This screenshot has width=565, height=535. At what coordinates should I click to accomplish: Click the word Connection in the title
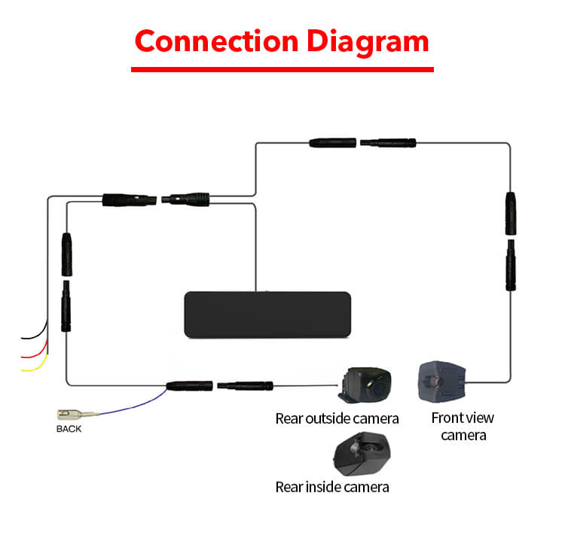point(216,41)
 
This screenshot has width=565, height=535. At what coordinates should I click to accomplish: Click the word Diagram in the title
point(368,43)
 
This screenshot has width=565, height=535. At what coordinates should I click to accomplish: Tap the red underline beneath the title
point(282,69)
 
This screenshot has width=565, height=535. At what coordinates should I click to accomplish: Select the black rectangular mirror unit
point(267,315)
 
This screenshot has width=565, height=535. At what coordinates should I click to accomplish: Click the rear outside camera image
point(365,385)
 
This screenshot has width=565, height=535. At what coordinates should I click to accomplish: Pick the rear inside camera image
point(362,454)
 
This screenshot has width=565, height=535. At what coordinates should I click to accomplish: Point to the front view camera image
point(441,381)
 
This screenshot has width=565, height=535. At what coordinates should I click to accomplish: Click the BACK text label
point(69,429)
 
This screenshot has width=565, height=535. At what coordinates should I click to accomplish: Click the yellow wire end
point(23,370)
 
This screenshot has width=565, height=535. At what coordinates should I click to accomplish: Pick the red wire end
point(23,357)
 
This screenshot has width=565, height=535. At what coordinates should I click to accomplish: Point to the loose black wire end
point(23,338)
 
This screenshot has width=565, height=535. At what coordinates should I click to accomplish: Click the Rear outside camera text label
point(337,418)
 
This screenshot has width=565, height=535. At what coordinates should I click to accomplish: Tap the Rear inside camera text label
point(332,487)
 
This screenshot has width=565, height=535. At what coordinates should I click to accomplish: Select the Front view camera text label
point(463,427)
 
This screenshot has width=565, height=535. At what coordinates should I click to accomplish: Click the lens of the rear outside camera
point(379,388)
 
